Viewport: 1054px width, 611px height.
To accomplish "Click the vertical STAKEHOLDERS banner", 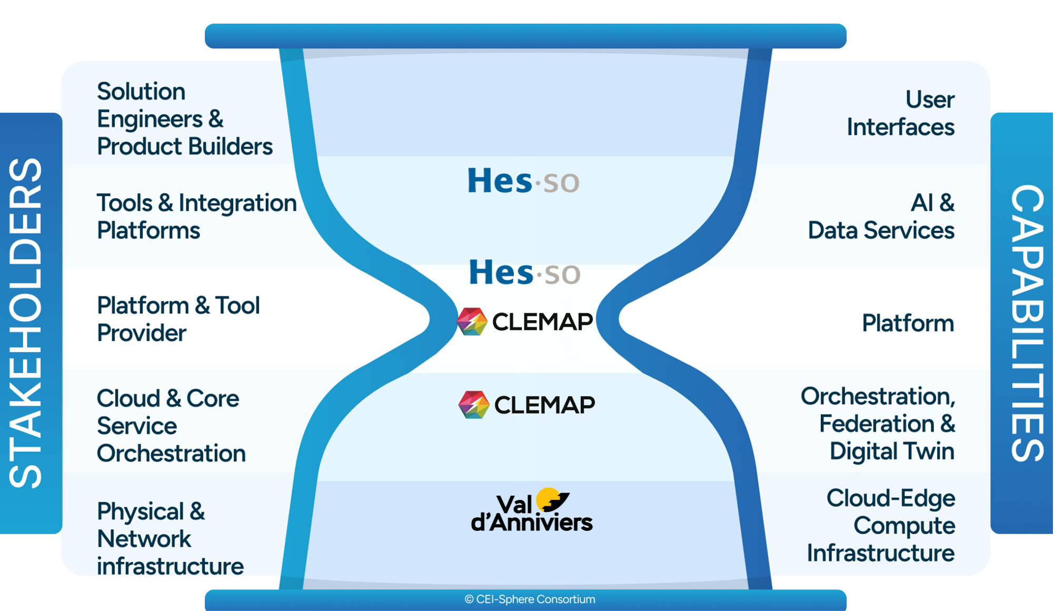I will [x=26, y=323].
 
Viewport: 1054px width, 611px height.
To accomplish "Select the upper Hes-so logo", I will [x=523, y=181].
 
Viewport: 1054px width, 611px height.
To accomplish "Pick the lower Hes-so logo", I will [x=524, y=272].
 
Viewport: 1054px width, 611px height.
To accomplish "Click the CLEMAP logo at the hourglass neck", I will [x=525, y=321].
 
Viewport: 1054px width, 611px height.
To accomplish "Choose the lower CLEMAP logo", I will [x=526, y=405].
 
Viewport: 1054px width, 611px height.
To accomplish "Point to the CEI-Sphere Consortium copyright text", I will [x=530, y=599].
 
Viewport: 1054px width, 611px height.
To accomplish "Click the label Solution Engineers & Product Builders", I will [x=184, y=119].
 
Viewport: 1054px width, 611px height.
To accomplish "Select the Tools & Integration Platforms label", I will [x=196, y=216].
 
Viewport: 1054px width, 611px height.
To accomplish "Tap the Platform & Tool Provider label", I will [x=178, y=319].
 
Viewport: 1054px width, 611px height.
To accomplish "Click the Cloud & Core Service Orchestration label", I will [x=171, y=426].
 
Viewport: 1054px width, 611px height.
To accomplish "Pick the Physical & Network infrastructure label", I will [x=170, y=538].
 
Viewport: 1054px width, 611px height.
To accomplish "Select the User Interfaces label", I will [x=900, y=113].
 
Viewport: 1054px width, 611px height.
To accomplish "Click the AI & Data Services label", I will [x=881, y=216].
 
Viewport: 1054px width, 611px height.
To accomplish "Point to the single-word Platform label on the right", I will [x=908, y=323].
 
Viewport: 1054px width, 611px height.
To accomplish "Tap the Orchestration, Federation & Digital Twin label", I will [x=878, y=423].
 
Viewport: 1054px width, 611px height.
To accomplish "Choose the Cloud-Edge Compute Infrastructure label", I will [x=881, y=525].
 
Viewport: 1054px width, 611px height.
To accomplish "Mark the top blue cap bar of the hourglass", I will [x=525, y=36].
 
